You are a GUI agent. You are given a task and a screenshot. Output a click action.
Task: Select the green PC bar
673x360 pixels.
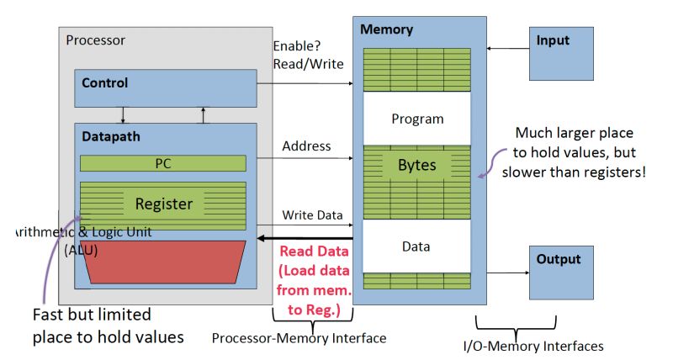[163, 163]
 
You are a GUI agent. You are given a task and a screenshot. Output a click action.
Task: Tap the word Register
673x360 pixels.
[165, 204]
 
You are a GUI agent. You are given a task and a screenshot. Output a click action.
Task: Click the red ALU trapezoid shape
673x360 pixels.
[163, 262]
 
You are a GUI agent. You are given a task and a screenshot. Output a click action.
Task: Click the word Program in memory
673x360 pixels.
[417, 119]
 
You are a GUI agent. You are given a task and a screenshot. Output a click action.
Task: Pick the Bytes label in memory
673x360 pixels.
[417, 166]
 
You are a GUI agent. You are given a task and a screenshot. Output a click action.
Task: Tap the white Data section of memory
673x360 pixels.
[417, 246]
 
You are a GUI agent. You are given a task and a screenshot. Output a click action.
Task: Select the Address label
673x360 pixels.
[305, 146]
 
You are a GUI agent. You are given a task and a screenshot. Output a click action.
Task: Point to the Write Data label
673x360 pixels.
[312, 215]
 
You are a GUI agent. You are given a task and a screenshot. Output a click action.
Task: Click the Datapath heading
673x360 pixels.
[112, 135]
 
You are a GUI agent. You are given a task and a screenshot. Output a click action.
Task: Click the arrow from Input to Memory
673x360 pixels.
[508, 49]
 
